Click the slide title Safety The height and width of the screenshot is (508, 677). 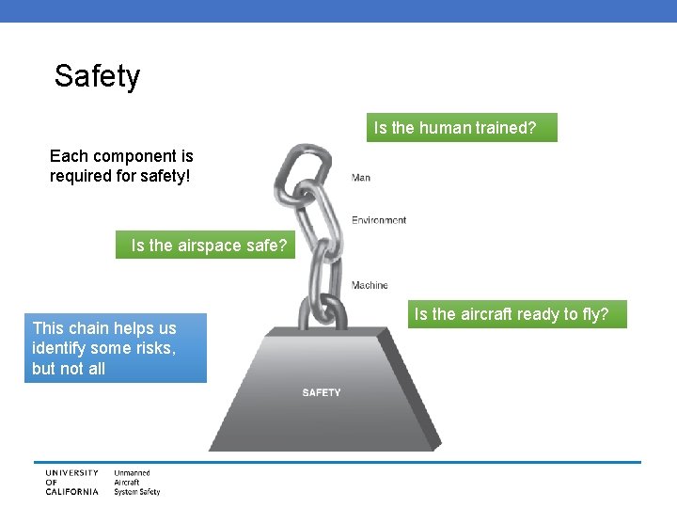(97, 76)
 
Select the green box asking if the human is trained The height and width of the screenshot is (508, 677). (462, 128)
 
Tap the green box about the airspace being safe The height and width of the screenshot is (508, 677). (205, 246)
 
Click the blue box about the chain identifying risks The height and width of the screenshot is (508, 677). (116, 348)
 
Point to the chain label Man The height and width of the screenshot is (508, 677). (361, 178)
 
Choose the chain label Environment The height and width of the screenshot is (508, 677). (379, 220)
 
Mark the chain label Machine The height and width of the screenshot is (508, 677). (370, 285)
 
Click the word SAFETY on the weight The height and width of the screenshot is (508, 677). (322, 392)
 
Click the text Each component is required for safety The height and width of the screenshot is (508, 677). (121, 166)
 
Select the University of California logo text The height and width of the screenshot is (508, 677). (71, 482)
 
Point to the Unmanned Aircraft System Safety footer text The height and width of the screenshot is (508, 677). (136, 482)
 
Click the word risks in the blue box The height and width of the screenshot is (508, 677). (154, 348)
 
